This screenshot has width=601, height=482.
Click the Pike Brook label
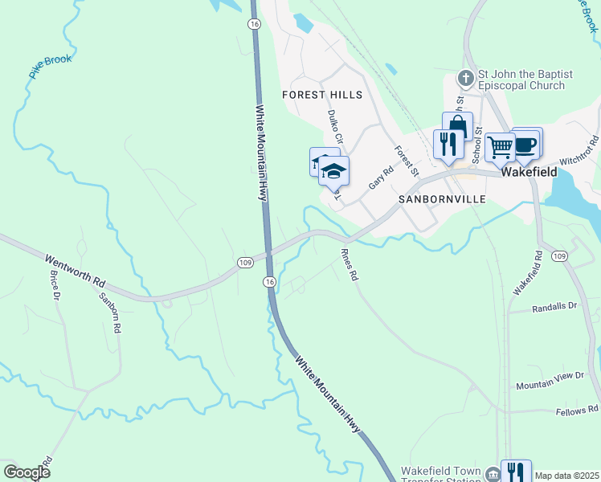pos(51,66)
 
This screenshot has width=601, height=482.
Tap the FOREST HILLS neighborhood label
pos(323,95)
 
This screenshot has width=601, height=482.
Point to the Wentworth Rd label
pos(75,272)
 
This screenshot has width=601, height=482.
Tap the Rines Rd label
pos(350,263)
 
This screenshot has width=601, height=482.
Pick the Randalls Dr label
pos(555,307)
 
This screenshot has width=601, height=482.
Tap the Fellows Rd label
pos(577,411)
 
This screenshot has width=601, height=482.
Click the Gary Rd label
pos(380,178)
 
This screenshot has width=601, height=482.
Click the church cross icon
pos(464,79)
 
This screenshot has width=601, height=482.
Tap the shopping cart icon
pos(500,146)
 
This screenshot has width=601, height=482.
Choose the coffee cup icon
pos(525,143)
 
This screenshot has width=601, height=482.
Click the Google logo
pos(27,472)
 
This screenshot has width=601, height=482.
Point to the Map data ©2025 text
pos(566,476)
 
